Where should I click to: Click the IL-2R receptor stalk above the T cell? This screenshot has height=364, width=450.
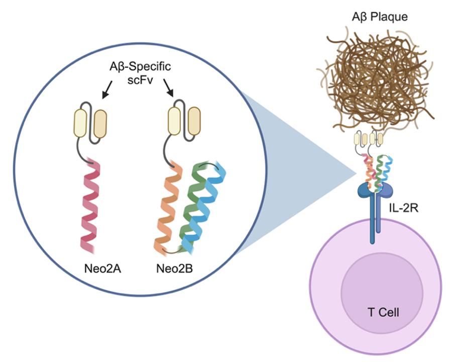(x=372, y=221)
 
